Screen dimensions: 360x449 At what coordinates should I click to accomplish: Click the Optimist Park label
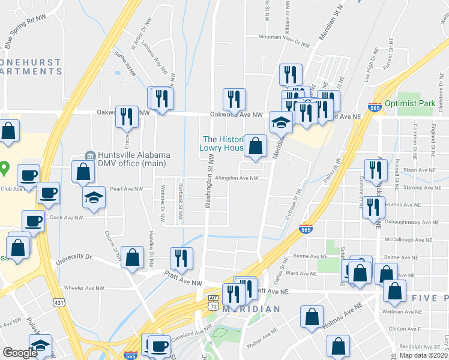point(410,104)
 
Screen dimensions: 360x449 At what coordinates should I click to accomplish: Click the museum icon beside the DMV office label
point(90,156)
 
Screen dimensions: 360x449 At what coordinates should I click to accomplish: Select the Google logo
point(20,353)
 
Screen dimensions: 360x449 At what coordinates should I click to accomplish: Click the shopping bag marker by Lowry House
point(255,146)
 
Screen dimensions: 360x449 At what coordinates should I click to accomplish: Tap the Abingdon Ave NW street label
point(237,178)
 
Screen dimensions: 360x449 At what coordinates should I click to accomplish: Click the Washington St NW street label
point(209,180)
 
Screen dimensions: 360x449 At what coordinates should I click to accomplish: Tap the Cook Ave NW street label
point(66,217)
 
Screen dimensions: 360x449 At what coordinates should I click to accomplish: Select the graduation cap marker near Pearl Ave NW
point(94,197)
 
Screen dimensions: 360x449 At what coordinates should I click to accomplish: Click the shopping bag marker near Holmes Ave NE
point(312,317)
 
